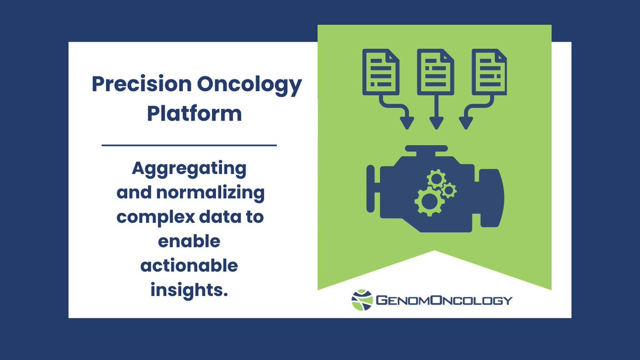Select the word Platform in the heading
tap(195, 114)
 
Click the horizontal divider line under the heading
tap(189, 145)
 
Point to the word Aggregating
tap(189, 170)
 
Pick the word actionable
tap(189, 265)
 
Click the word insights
tap(189, 289)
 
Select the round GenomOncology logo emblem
tap(362, 300)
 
